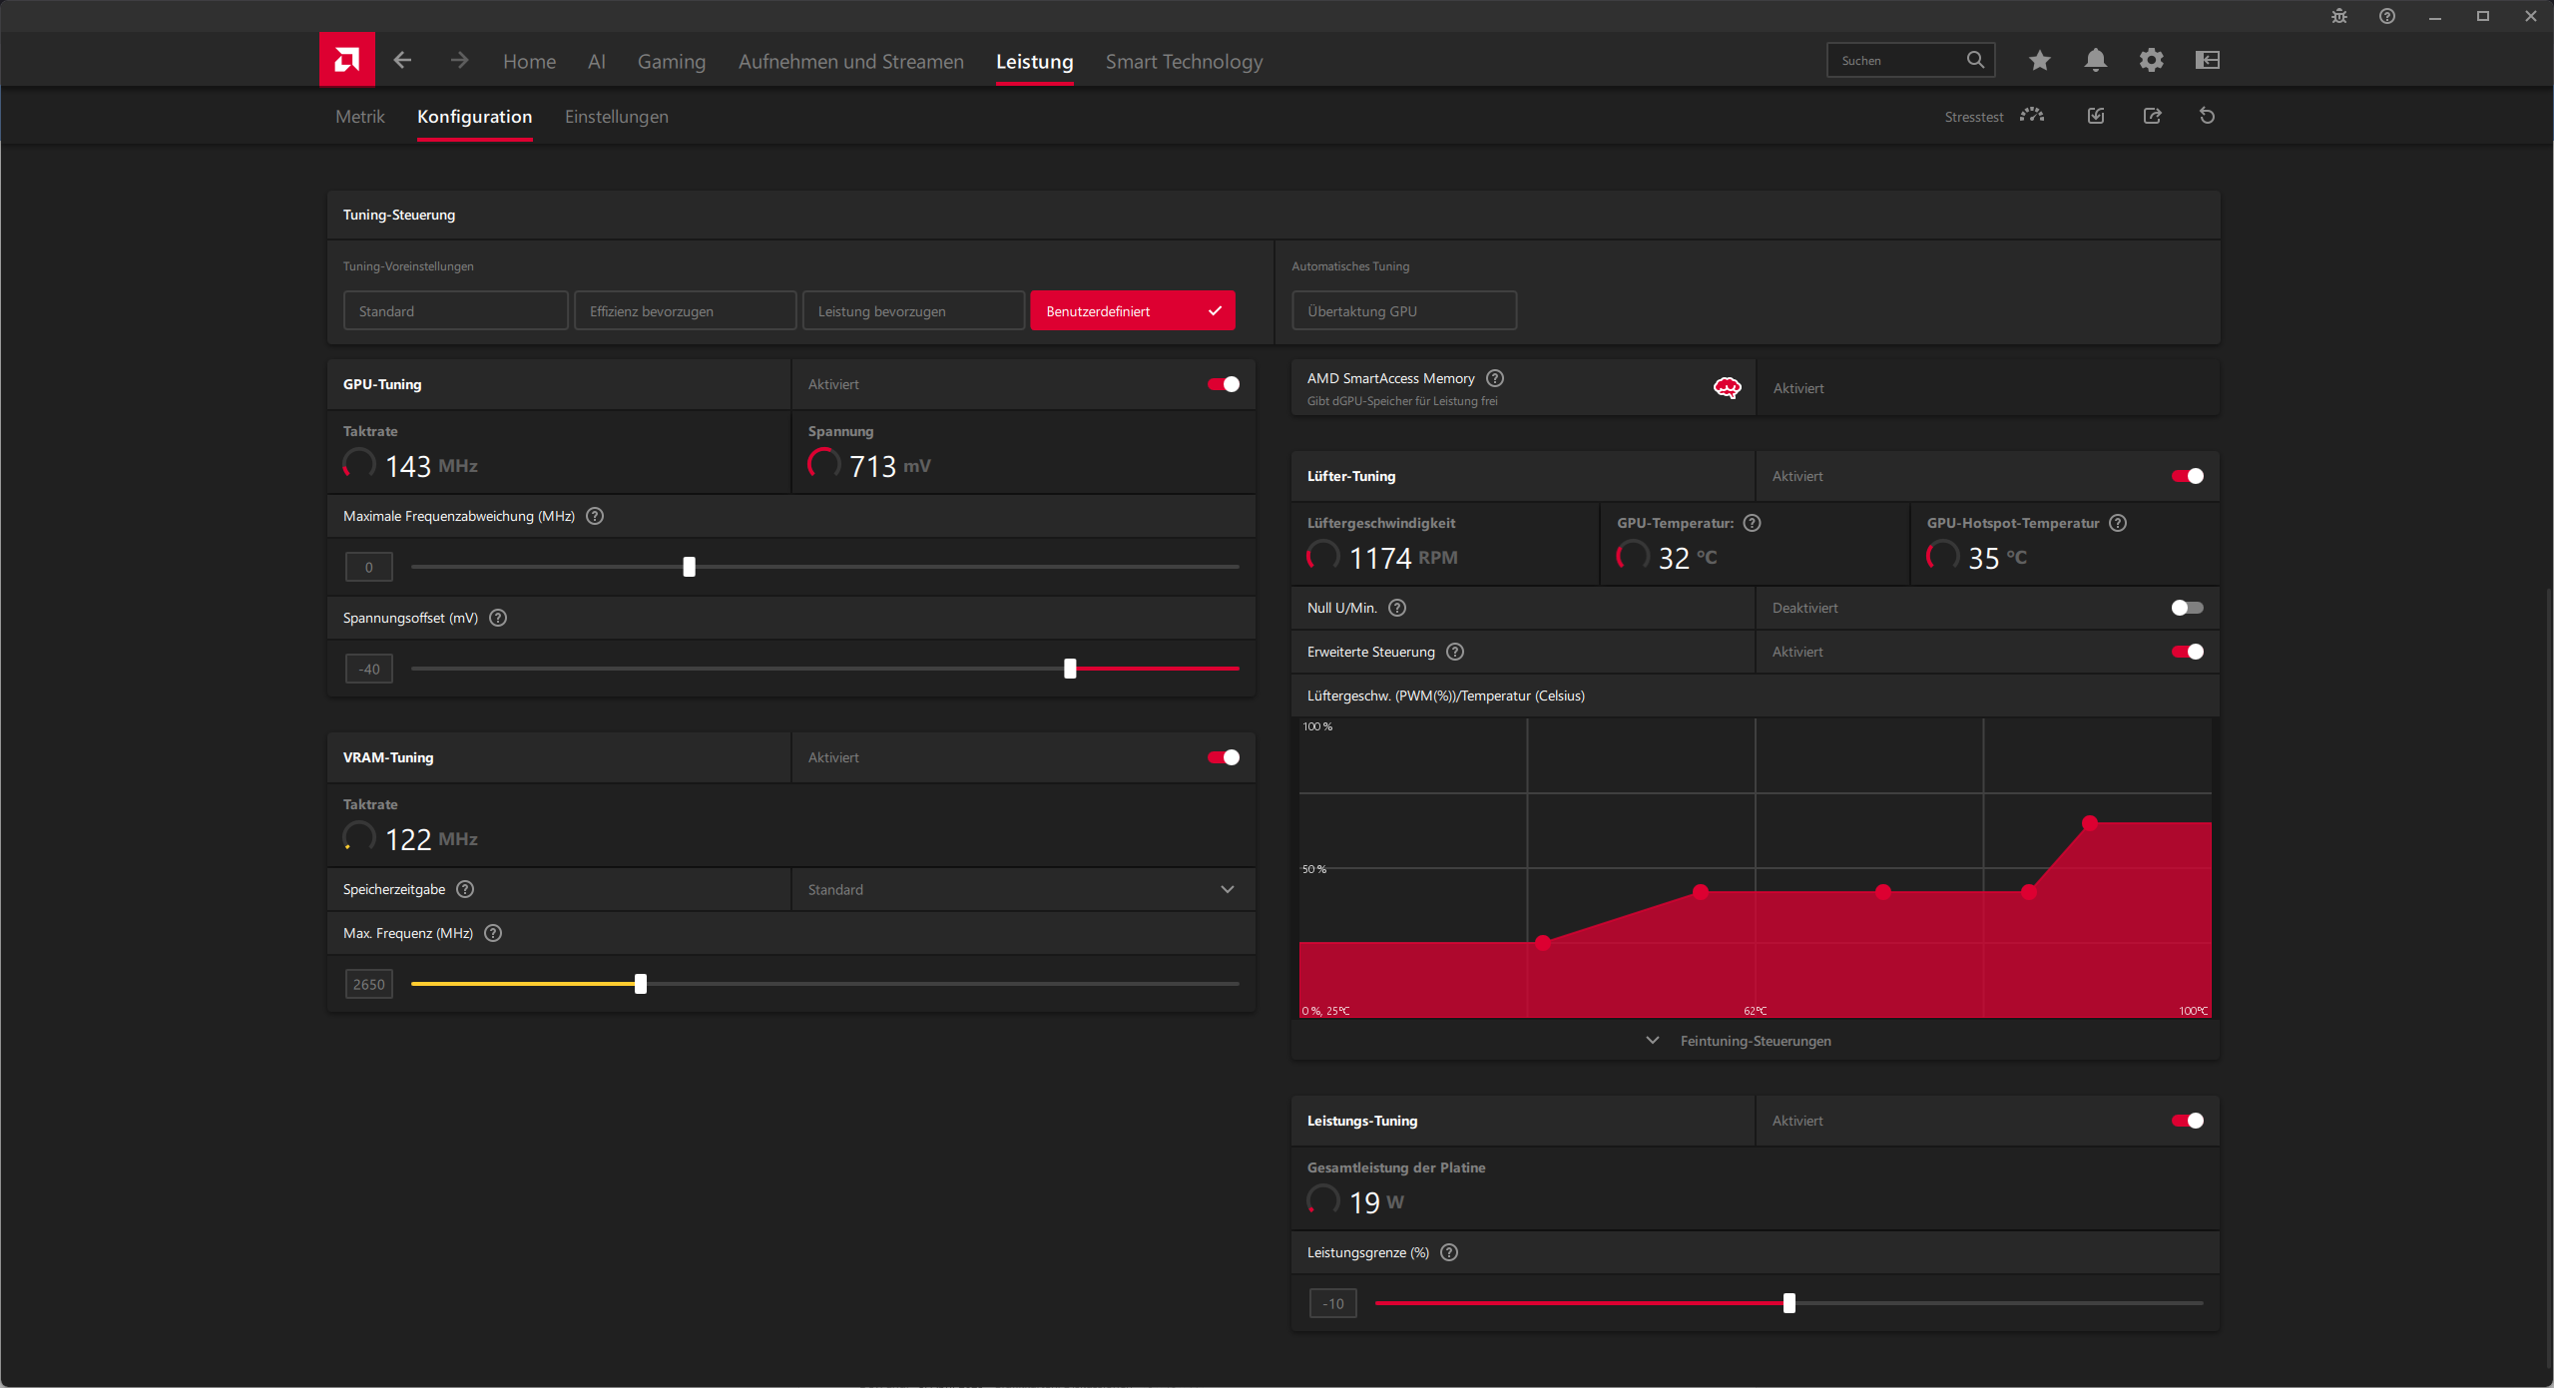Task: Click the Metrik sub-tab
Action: click(x=359, y=117)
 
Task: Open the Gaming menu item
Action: click(x=672, y=62)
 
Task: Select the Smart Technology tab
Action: click(x=1184, y=62)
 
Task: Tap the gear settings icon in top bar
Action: click(x=2151, y=60)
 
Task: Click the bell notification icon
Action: click(x=2095, y=60)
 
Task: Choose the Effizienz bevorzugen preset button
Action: click(x=685, y=310)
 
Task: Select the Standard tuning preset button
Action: click(x=455, y=310)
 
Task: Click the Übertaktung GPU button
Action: click(x=1403, y=310)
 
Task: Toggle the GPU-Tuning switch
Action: click(x=1224, y=384)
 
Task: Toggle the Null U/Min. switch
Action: click(x=2187, y=608)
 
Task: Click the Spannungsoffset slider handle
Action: click(x=1070, y=669)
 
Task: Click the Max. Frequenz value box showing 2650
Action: click(x=368, y=984)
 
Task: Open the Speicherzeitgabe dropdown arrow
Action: click(x=1227, y=889)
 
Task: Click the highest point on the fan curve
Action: click(x=2089, y=823)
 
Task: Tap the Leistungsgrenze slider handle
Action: click(x=1788, y=1303)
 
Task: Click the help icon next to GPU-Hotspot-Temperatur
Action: click(x=2118, y=523)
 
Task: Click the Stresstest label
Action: click(x=1973, y=117)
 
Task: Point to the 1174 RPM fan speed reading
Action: click(x=1402, y=558)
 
